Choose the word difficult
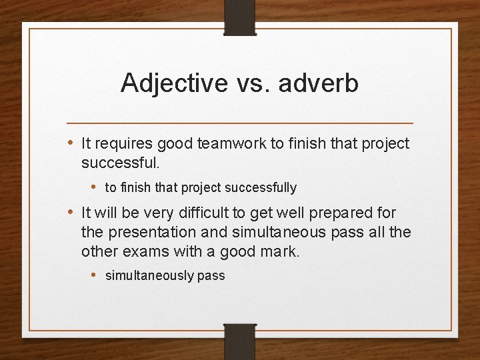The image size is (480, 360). (x=223, y=213)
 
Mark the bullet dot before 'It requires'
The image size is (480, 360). (x=71, y=143)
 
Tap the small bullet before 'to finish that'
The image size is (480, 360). (x=95, y=187)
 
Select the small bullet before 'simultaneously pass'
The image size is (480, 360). (x=95, y=275)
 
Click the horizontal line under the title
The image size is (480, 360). (x=240, y=123)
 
